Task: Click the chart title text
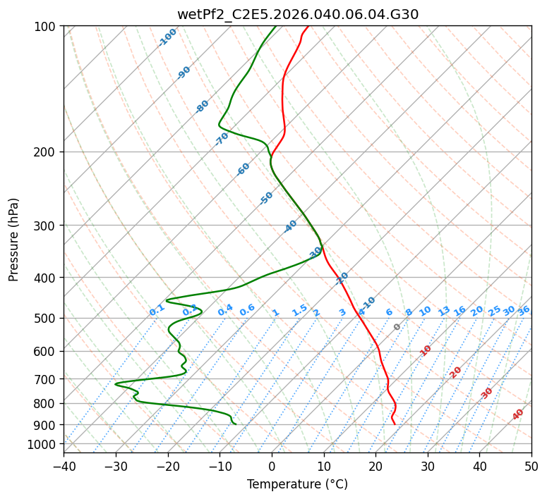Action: (x=297, y=14)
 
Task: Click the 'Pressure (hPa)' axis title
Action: (x=13, y=239)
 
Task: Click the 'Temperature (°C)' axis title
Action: (x=297, y=484)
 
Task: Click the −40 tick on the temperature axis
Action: (x=64, y=466)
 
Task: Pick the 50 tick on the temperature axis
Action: (x=531, y=466)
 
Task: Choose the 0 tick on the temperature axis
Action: (x=272, y=466)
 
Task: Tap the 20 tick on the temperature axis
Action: (x=375, y=466)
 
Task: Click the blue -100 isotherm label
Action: (x=167, y=37)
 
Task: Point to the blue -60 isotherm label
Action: (x=244, y=169)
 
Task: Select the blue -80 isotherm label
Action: (x=203, y=106)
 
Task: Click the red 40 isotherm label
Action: (x=518, y=414)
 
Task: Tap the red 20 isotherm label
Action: (x=456, y=371)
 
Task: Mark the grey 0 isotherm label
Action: (x=397, y=327)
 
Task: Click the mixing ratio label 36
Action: (x=524, y=310)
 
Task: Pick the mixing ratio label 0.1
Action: (x=157, y=310)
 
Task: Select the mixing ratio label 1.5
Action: (x=299, y=310)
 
